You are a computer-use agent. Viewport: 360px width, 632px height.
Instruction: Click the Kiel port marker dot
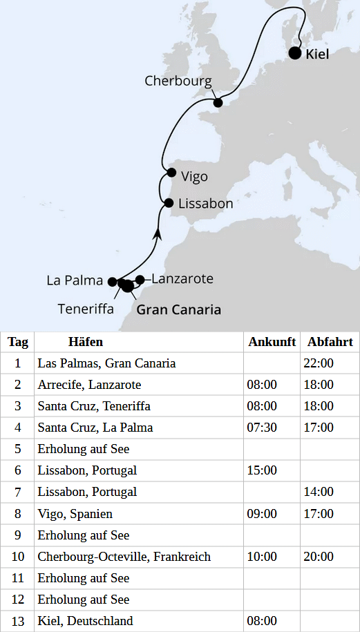295,53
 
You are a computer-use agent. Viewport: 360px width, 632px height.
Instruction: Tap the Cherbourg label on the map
178,81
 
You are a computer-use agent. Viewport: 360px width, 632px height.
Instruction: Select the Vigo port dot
171,173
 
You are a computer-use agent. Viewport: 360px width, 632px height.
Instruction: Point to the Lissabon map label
205,204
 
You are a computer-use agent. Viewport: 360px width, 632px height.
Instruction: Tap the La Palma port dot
112,281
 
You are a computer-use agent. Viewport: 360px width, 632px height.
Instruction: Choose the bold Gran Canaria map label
179,309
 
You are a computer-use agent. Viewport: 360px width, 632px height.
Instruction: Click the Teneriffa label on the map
86,309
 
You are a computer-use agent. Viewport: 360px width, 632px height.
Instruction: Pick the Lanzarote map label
182,279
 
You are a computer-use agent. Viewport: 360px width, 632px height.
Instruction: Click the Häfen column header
86,342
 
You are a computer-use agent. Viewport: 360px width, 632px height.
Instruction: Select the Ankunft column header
272,342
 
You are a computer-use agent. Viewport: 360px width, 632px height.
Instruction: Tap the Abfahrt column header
330,342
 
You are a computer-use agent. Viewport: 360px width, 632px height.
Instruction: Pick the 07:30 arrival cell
262,428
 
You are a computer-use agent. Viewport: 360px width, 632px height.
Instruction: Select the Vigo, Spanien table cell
75,514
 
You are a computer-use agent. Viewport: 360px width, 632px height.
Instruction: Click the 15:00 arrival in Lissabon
262,470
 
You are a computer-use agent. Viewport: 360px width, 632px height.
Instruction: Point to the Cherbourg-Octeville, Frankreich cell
124,557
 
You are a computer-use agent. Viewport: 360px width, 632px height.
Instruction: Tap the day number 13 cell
18,621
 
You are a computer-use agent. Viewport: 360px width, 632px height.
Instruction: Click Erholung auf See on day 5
84,449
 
